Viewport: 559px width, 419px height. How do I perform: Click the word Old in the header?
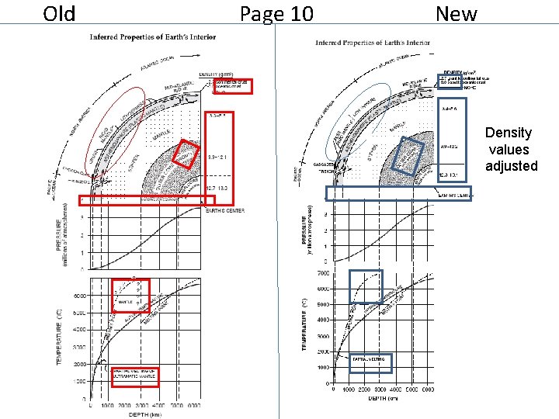click(x=60, y=14)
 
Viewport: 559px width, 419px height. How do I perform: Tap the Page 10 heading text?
click(x=276, y=14)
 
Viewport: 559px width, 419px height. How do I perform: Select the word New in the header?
click(x=457, y=14)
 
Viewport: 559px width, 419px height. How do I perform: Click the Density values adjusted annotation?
click(x=510, y=149)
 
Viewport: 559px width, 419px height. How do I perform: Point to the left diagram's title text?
click(x=153, y=36)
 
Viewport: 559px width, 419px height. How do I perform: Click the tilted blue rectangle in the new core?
click(x=408, y=155)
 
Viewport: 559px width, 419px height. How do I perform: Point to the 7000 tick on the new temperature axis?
click(x=321, y=274)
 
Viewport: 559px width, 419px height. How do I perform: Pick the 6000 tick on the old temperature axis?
click(x=80, y=296)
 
